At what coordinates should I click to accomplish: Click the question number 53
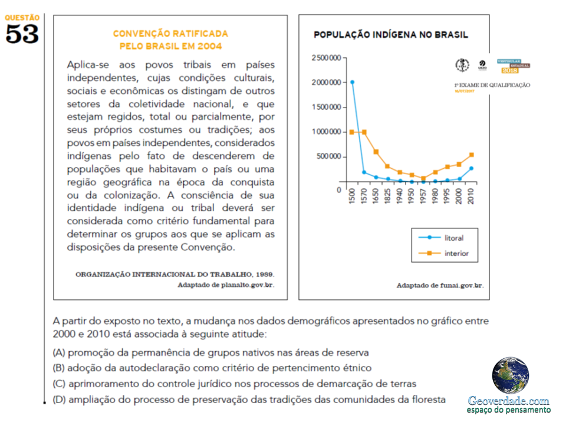[x=22, y=34]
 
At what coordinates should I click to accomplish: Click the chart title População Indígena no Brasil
[x=391, y=35]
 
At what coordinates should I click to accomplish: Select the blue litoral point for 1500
[x=352, y=82]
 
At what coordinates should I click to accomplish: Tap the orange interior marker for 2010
[x=471, y=155]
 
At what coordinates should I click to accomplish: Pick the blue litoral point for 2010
[x=471, y=168]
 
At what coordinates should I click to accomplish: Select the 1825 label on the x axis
[x=387, y=196]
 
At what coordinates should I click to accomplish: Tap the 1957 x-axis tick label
[x=423, y=196]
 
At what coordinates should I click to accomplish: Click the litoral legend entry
[x=453, y=238]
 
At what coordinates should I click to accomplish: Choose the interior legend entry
[x=456, y=254]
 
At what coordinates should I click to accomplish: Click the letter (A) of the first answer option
[x=58, y=353]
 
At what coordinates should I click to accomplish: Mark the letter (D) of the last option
[x=58, y=400]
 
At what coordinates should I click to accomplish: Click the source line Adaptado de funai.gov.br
[x=440, y=286]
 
